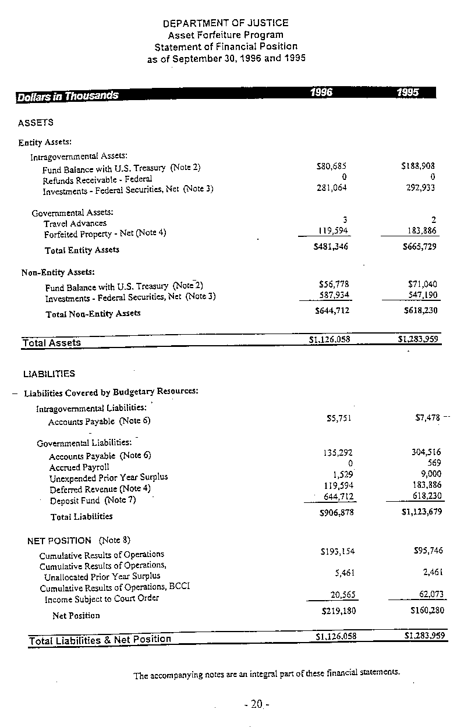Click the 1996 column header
(x=321, y=93)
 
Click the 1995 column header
(x=408, y=93)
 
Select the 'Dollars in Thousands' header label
(x=68, y=96)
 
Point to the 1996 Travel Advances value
(x=345, y=219)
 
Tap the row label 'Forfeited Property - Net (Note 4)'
(x=105, y=233)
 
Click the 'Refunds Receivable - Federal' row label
(x=97, y=179)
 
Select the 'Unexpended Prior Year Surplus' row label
(x=108, y=477)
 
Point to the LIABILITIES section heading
(x=49, y=374)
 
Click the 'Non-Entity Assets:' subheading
(x=58, y=272)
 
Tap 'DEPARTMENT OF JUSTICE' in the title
(x=225, y=23)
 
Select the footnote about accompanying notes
(x=267, y=675)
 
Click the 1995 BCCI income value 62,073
(x=431, y=594)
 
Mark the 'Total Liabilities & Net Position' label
(x=100, y=640)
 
